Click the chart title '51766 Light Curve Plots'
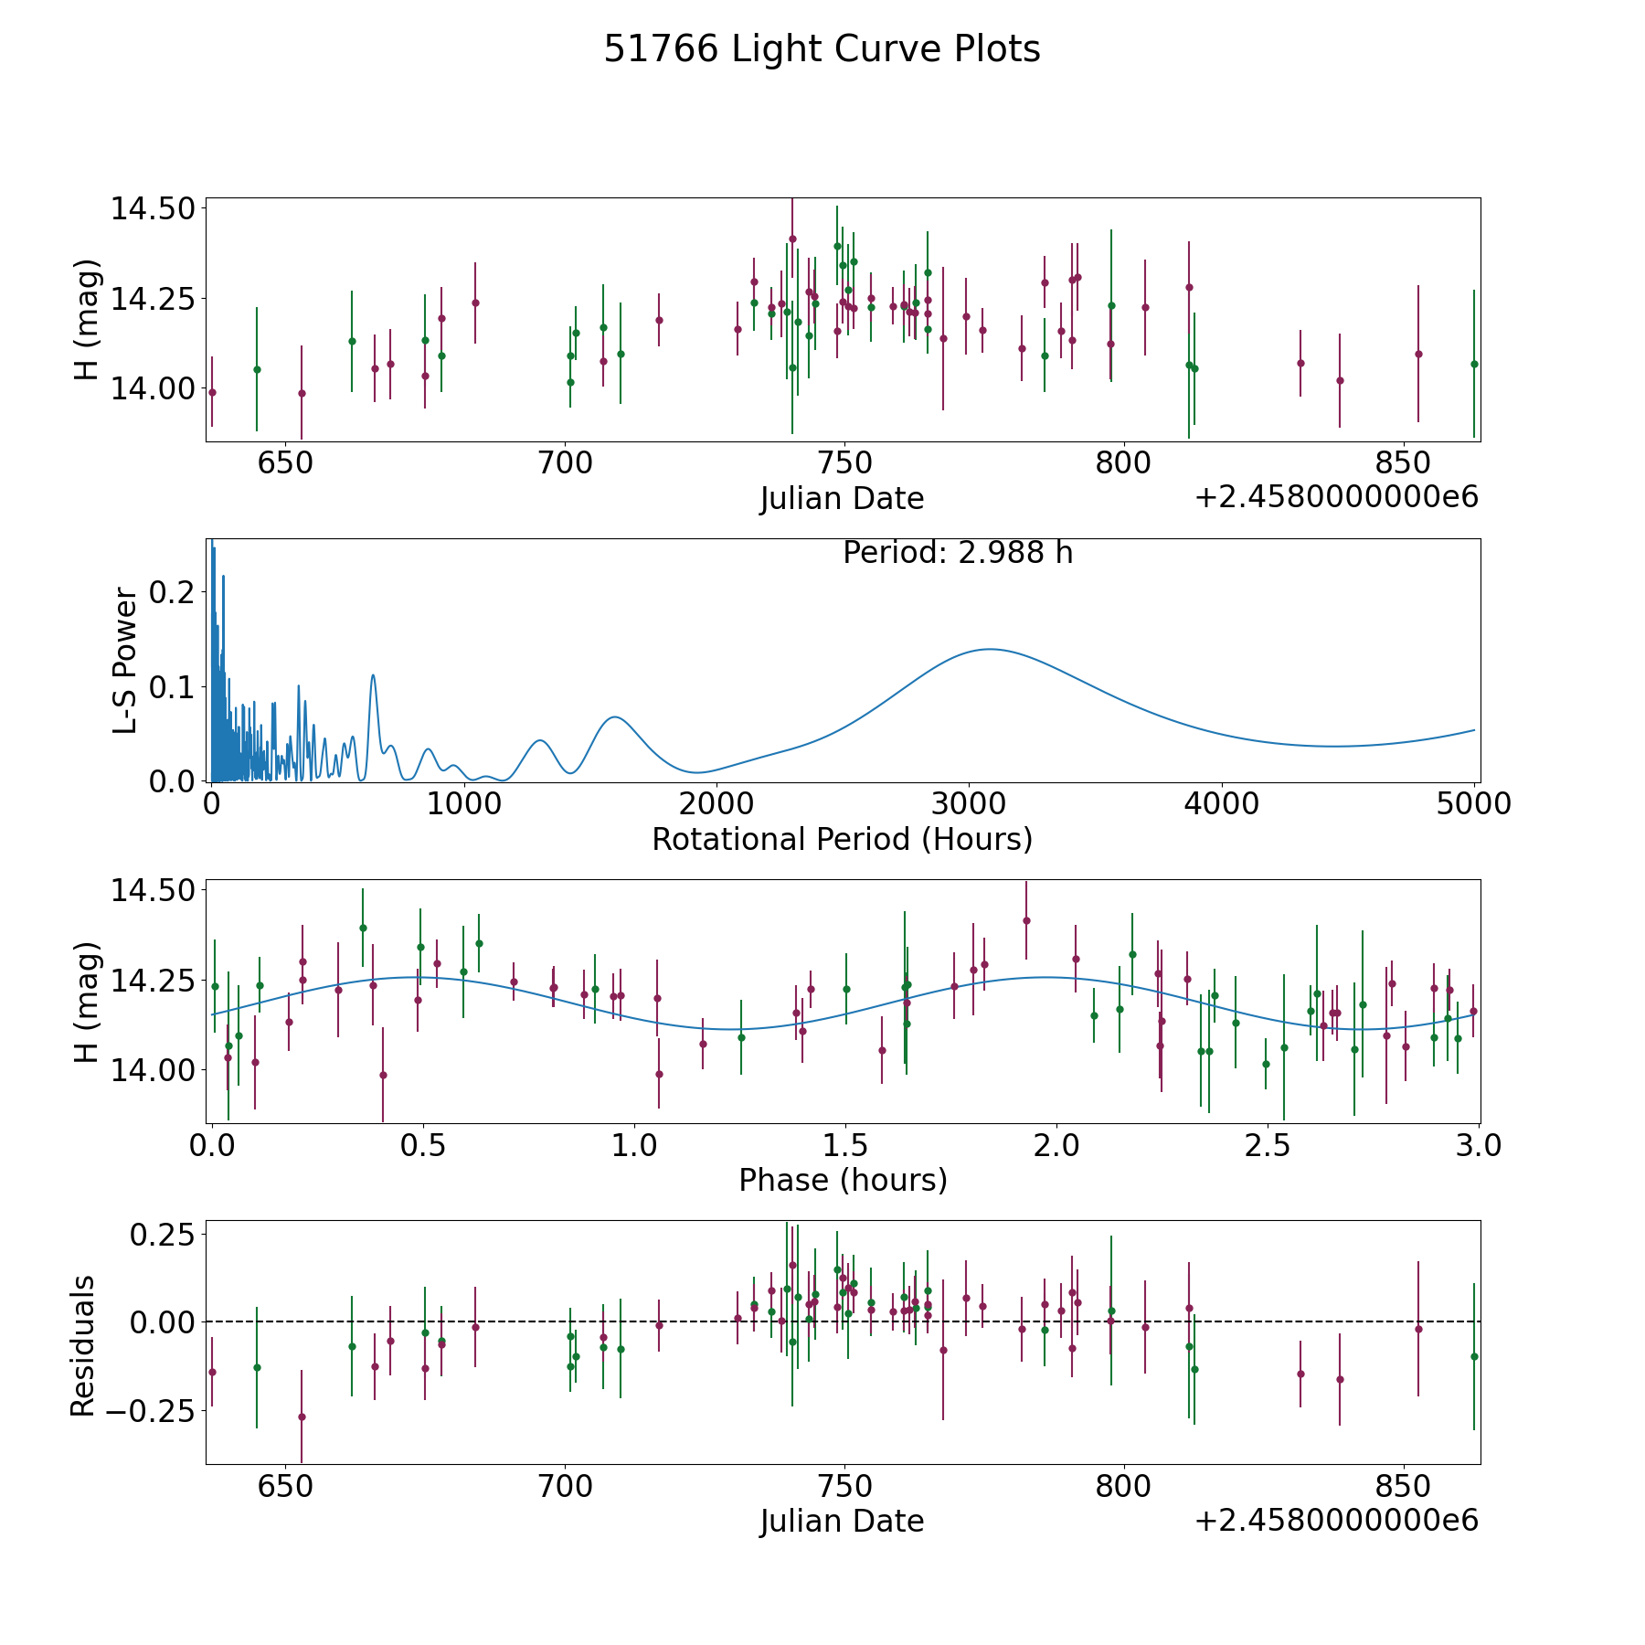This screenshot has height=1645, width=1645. click(x=822, y=49)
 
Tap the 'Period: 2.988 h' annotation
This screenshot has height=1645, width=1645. click(x=958, y=553)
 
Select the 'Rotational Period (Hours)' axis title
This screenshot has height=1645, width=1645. click(x=842, y=839)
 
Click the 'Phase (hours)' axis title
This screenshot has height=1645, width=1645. click(x=843, y=1181)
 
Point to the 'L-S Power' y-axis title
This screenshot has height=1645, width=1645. click(x=126, y=660)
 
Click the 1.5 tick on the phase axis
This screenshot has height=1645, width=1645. click(x=845, y=1145)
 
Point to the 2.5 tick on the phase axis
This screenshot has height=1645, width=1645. click(x=1267, y=1145)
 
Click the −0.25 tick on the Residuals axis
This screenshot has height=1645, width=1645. click(x=150, y=1411)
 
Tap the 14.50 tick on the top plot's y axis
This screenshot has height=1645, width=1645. click(x=154, y=208)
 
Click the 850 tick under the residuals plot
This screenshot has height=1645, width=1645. click(x=1403, y=1486)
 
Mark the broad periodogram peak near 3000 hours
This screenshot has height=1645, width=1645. click(x=989, y=649)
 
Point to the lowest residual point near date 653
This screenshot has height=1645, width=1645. click(x=302, y=1417)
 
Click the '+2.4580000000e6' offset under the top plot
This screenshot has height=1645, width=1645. click(x=1336, y=497)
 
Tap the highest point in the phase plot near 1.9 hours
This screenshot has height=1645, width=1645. click(x=1026, y=920)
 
